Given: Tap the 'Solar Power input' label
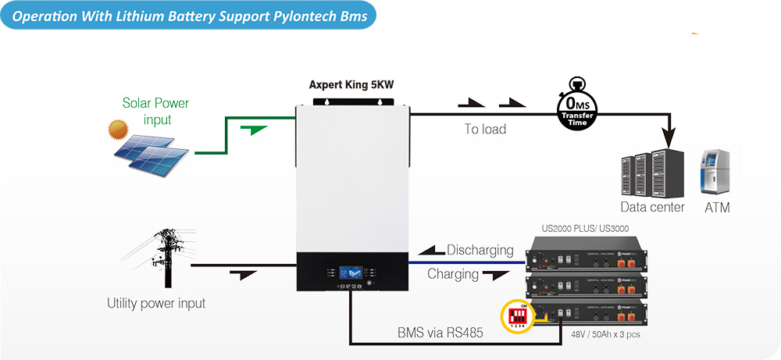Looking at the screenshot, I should point(156,111).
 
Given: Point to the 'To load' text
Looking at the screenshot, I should point(485,129).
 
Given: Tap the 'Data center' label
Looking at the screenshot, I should point(652,207).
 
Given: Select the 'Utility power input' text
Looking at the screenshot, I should point(156,303).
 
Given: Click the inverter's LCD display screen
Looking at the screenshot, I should point(351,273).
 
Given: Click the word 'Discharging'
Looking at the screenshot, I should point(480,251).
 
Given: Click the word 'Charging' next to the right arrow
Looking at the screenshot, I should point(453,274).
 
